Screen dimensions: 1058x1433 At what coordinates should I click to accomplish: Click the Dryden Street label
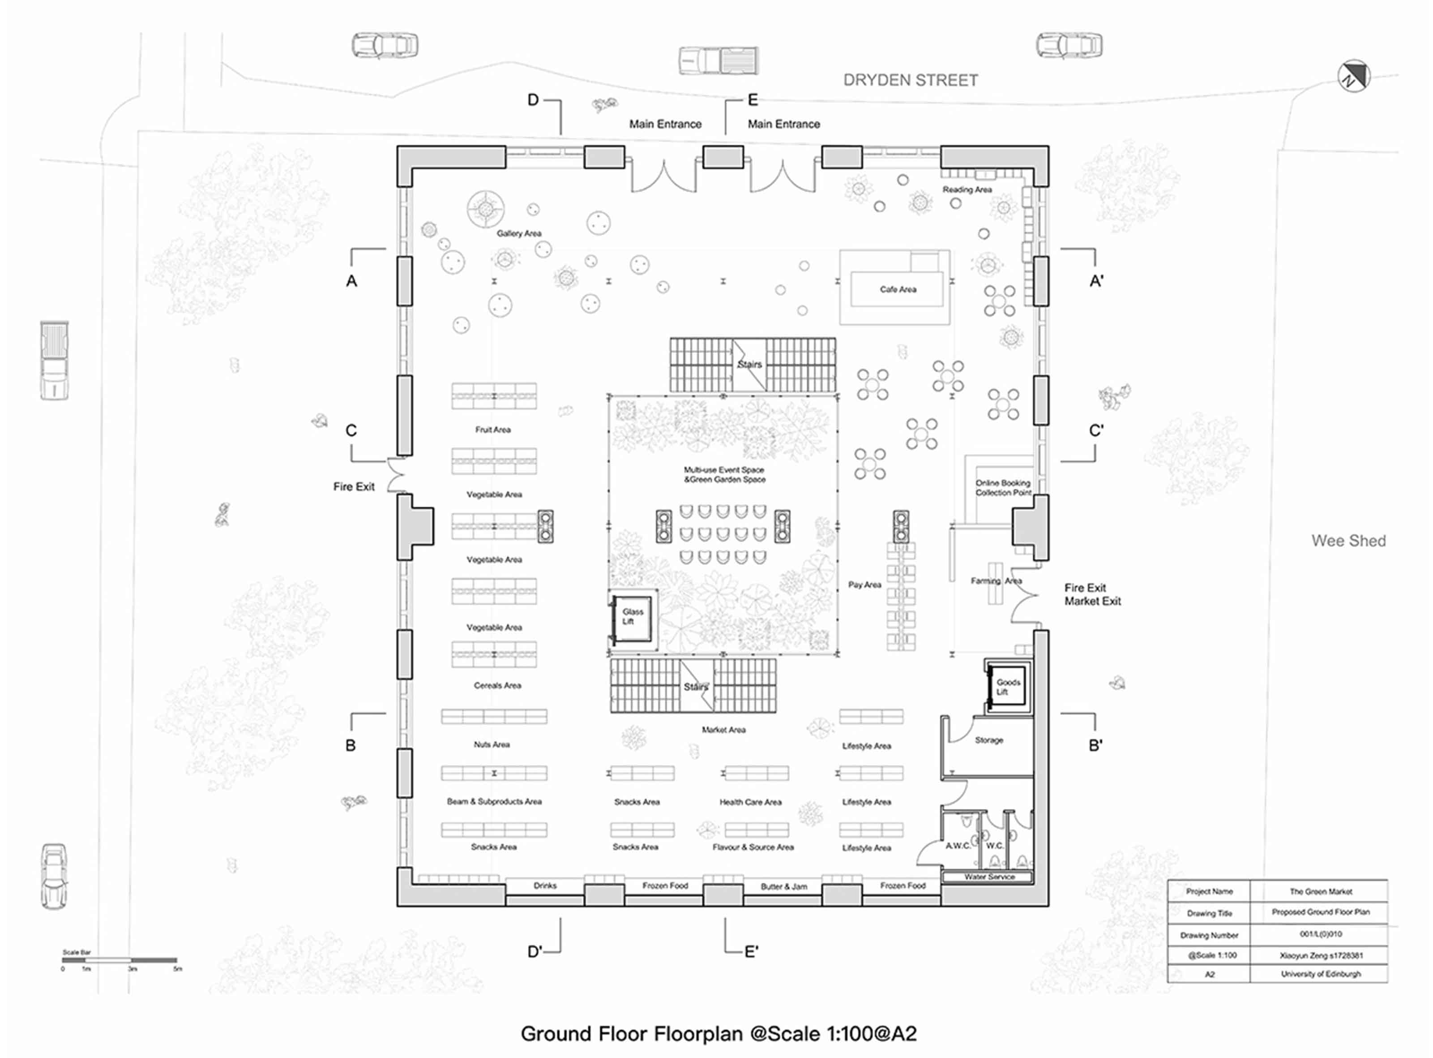(910, 80)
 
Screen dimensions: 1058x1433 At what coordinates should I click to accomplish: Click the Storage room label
(989, 740)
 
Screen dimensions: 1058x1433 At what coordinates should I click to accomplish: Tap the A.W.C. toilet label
(958, 845)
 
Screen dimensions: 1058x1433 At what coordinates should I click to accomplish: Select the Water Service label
(989, 877)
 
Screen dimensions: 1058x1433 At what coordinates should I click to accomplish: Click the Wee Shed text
(1348, 541)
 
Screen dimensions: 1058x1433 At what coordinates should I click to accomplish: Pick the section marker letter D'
(535, 952)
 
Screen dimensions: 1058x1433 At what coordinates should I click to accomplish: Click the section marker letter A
(351, 281)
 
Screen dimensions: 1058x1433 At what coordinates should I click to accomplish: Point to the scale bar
(120, 960)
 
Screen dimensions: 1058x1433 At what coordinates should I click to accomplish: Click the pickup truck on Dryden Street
(718, 61)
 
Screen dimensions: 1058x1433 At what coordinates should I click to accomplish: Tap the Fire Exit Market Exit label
(1092, 594)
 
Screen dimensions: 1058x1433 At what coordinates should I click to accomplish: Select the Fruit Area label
(493, 430)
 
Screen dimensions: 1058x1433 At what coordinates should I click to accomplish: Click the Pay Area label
(864, 585)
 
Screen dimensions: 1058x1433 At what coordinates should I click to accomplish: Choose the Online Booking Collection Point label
(1003, 488)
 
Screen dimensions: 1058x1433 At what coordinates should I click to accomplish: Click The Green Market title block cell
(1320, 891)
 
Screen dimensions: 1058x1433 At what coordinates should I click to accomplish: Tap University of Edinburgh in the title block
(1320, 974)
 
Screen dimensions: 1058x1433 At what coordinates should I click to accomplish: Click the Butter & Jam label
(783, 887)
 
